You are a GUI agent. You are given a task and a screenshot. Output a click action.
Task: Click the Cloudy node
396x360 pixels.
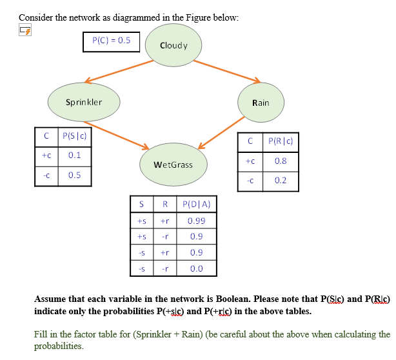[x=173, y=45]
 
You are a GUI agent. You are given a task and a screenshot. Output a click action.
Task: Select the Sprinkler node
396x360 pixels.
[x=84, y=102]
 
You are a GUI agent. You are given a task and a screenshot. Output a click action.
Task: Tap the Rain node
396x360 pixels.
[x=261, y=103]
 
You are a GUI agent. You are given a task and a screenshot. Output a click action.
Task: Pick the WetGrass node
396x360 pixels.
[x=174, y=165]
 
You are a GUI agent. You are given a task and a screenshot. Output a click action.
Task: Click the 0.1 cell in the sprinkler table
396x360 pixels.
[x=74, y=155]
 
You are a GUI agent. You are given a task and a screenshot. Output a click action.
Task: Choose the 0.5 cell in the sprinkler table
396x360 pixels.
[x=74, y=175]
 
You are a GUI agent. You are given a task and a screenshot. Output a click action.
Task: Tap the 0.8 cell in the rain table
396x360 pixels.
[x=280, y=161]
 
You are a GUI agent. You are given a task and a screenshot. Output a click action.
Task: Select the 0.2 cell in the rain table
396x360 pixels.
[x=280, y=181]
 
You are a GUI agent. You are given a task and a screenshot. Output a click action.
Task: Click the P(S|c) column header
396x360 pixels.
[x=74, y=136]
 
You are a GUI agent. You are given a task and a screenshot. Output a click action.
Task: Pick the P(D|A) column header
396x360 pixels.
[x=196, y=205]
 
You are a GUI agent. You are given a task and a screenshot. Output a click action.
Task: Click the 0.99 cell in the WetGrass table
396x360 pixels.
[x=196, y=221]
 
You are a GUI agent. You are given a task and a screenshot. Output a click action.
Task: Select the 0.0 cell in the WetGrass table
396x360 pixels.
[x=196, y=268]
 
